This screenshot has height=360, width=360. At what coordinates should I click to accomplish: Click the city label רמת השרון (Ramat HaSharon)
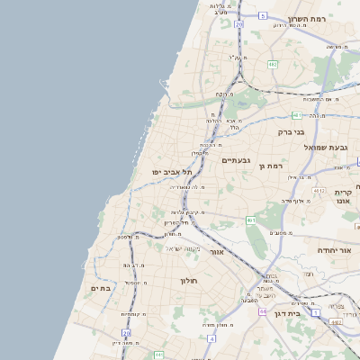tap(311, 18)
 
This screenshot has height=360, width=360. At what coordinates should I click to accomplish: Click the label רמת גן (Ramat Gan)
tap(269, 166)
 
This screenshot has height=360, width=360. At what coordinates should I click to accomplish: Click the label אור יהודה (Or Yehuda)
tap(337, 250)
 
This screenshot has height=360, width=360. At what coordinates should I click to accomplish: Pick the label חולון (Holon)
tap(182, 281)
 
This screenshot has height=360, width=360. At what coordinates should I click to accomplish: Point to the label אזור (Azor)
tap(216, 252)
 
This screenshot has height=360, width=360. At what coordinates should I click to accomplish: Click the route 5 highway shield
tap(262, 15)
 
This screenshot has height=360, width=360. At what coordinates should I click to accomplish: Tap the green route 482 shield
tap(272, 65)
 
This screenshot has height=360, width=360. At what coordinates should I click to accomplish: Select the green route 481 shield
tap(296, 115)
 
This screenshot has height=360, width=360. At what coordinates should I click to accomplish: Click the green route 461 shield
tap(251, 220)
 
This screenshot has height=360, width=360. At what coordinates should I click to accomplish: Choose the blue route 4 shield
tap(211, 338)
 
